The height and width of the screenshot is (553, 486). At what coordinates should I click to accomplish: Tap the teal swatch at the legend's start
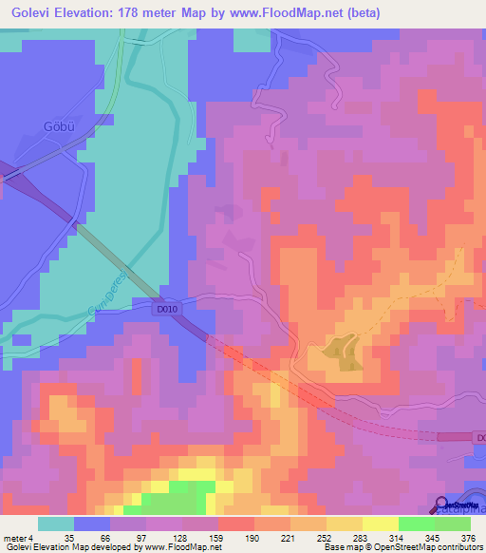pos(56,524)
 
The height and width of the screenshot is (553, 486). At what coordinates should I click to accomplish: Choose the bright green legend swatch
pos(417,524)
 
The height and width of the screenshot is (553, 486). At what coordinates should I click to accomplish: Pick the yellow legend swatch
pos(381,524)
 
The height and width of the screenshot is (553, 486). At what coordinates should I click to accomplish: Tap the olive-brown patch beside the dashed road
pos(343,353)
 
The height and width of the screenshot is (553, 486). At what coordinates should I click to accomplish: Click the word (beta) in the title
pos(443,12)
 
